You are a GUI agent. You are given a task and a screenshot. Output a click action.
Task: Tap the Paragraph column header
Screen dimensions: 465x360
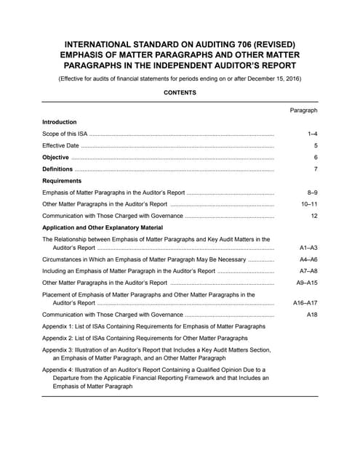(x=303, y=110)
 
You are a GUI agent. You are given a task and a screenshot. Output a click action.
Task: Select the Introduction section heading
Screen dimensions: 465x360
(x=60, y=122)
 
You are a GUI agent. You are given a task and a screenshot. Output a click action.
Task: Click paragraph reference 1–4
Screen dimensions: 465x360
(x=313, y=134)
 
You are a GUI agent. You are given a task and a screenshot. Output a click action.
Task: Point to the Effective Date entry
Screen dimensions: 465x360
(x=61, y=146)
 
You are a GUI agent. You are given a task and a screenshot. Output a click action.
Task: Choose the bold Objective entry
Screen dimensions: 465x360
(x=56, y=158)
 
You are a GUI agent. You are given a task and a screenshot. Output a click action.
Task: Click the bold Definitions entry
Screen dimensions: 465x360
(x=59, y=169)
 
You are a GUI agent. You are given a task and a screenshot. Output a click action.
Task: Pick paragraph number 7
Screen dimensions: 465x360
(x=316, y=169)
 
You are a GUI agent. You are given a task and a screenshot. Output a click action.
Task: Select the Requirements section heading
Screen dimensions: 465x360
(x=62, y=181)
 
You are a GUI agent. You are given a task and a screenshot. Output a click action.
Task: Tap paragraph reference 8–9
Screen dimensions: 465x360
(x=313, y=193)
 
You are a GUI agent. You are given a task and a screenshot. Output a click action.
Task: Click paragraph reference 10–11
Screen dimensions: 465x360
(x=311, y=205)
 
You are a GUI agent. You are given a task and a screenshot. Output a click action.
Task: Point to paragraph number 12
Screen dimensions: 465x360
(x=314, y=217)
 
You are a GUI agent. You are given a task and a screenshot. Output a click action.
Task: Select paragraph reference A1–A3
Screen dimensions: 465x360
(x=308, y=248)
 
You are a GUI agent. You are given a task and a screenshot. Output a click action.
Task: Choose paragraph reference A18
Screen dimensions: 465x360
(x=312, y=315)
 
